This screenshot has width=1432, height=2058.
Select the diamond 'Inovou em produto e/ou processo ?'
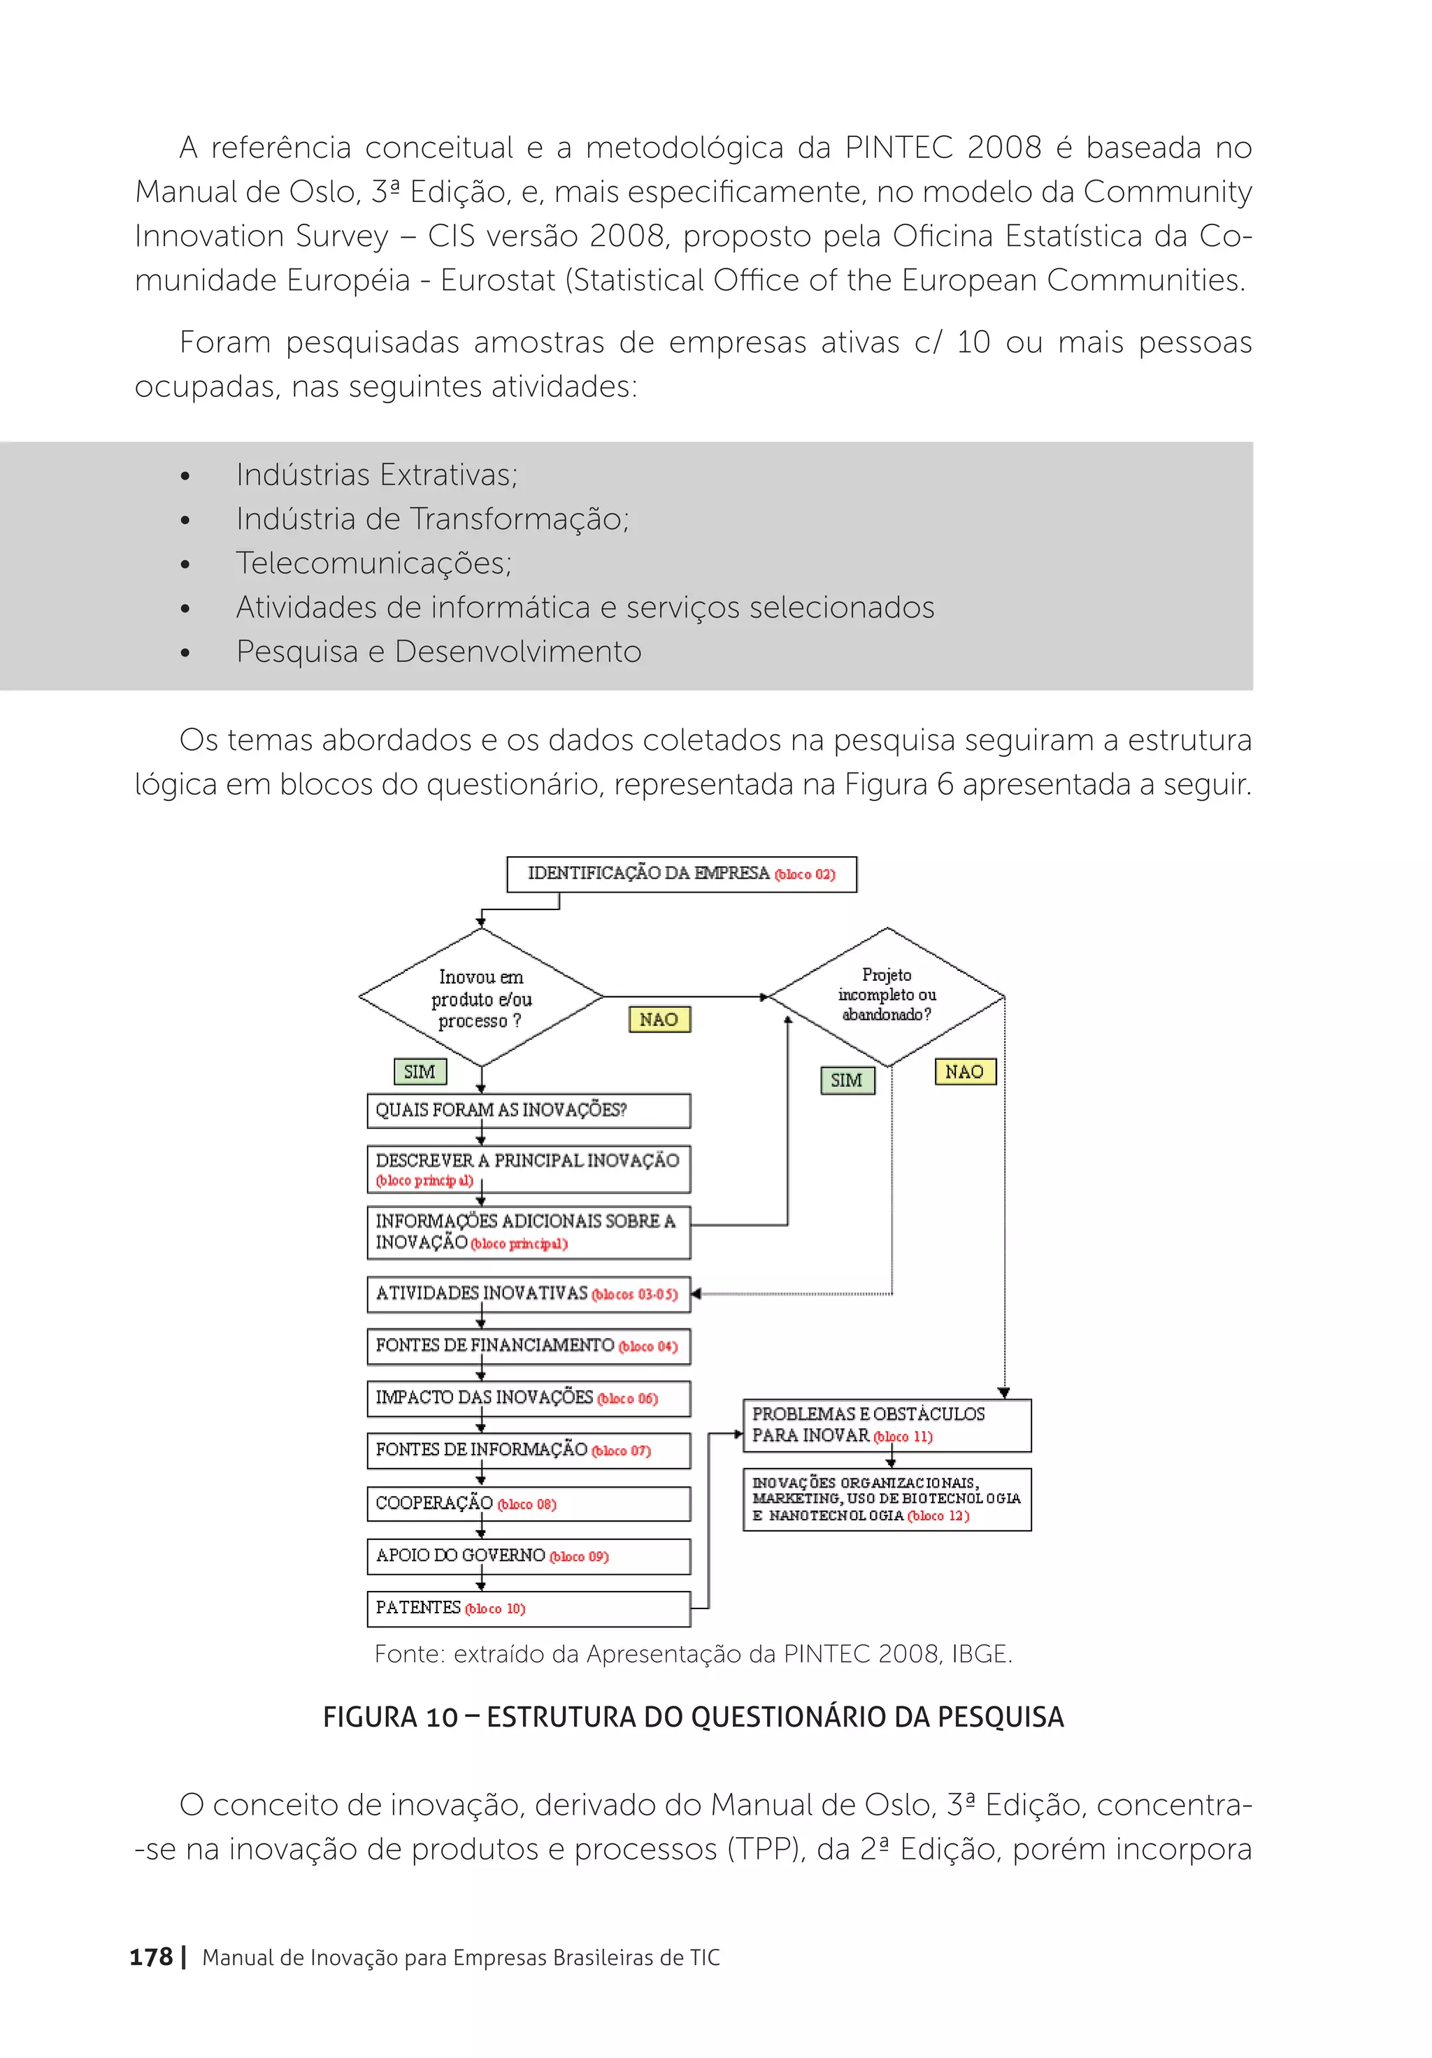point(482,998)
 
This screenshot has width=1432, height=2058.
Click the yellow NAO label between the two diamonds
point(659,1019)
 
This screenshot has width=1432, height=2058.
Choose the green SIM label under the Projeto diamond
point(847,1080)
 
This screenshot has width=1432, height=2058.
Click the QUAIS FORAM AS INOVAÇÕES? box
point(528,1111)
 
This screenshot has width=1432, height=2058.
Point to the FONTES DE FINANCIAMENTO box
point(528,1346)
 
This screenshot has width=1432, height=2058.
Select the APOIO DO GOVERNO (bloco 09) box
point(528,1556)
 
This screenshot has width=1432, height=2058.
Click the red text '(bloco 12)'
point(938,1516)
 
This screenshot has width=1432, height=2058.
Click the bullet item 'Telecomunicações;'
point(374,563)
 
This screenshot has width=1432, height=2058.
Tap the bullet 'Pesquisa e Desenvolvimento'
point(438,652)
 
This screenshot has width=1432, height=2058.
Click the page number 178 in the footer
point(150,1957)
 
